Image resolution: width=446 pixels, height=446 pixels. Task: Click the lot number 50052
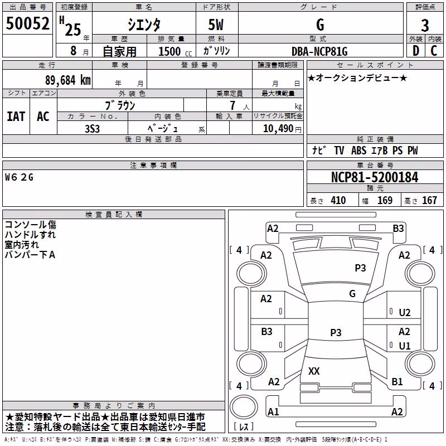pos(27,23)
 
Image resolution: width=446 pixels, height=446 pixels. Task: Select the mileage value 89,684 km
pos(68,80)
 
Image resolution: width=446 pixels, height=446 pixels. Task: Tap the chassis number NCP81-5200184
pos(375,177)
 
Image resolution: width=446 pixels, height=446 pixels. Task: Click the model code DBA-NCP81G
pos(319,51)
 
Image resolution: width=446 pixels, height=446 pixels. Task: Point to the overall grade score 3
pos(425,26)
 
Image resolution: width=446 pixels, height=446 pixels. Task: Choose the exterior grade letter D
pos(416,51)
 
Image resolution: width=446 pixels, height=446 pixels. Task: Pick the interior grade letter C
pos(434,51)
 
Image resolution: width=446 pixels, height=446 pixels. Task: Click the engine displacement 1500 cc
pos(175,52)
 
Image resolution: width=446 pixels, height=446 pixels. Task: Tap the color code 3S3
pos(92,129)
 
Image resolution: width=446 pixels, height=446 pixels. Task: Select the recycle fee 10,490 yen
pos(282,129)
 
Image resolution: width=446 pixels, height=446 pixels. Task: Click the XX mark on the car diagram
pos(314,371)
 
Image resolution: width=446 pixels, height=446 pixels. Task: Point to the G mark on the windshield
pos(352,293)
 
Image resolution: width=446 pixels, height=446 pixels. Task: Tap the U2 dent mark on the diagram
pos(405,313)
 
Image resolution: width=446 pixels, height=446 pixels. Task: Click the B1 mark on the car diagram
pos(397,381)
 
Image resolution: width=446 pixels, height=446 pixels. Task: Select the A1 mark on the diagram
pos(273,411)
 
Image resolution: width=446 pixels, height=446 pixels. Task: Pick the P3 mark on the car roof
pos(336,332)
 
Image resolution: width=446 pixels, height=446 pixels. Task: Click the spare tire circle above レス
pos(244,407)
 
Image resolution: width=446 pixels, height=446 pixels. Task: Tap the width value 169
pos(385,200)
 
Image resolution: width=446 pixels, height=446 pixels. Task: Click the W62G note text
pos(19,177)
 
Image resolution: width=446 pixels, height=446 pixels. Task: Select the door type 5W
pos(216,25)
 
